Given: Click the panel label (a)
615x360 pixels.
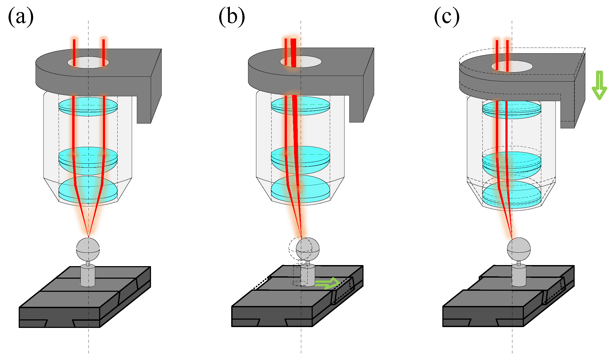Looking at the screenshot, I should (x=21, y=17).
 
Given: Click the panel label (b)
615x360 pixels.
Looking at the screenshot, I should (x=231, y=17).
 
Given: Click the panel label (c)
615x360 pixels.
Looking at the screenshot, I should (x=447, y=17).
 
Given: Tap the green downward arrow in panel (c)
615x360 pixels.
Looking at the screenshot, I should (x=599, y=86).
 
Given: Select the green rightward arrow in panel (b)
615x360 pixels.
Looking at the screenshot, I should (x=328, y=283).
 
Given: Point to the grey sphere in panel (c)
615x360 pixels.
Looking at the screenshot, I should (x=519, y=249).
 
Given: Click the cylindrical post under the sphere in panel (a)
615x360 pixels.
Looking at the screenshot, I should (x=88, y=275).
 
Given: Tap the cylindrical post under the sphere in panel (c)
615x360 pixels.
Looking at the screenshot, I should (x=519, y=275).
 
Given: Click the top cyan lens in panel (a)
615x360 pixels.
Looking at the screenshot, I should (x=88, y=106).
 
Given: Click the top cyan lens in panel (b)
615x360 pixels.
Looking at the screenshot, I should (x=300, y=106).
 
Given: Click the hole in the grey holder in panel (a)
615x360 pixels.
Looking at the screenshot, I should (x=88, y=62).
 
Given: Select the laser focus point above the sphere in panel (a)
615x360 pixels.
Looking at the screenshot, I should (x=88, y=237).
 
